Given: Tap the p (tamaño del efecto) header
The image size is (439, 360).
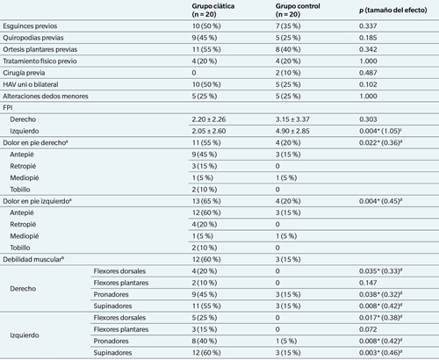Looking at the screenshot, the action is pyautogui.click(x=393, y=11).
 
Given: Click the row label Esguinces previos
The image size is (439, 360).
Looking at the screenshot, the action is pyautogui.click(x=30, y=26).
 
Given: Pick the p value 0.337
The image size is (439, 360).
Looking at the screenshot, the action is pyautogui.click(x=368, y=26).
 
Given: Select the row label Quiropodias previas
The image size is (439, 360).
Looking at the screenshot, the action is pyautogui.click(x=33, y=38).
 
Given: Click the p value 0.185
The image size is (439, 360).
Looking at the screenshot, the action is pyautogui.click(x=368, y=38).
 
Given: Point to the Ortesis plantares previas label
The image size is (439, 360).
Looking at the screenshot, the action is pyautogui.click(x=40, y=49).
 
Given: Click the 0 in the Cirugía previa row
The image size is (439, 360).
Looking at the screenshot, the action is pyautogui.click(x=194, y=73).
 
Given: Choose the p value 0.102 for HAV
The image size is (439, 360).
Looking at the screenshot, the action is pyautogui.click(x=368, y=84).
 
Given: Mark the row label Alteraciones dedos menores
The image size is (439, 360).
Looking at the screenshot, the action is pyautogui.click(x=46, y=96).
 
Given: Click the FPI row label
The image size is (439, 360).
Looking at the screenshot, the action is pyautogui.click(x=8, y=108).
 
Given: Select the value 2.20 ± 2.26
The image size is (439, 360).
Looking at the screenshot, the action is pyautogui.click(x=209, y=119).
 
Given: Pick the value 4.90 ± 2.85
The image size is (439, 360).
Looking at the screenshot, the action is pyautogui.click(x=292, y=131).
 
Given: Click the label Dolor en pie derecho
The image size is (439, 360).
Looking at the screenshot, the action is pyautogui.click(x=35, y=142).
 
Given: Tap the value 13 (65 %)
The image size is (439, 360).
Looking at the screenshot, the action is pyautogui.click(x=206, y=201).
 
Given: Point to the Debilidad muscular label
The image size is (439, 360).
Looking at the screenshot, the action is pyautogui.click(x=33, y=259).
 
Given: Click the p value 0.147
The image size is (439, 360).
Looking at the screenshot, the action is pyautogui.click(x=368, y=283).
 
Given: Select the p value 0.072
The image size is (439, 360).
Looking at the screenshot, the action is pyautogui.click(x=368, y=329).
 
